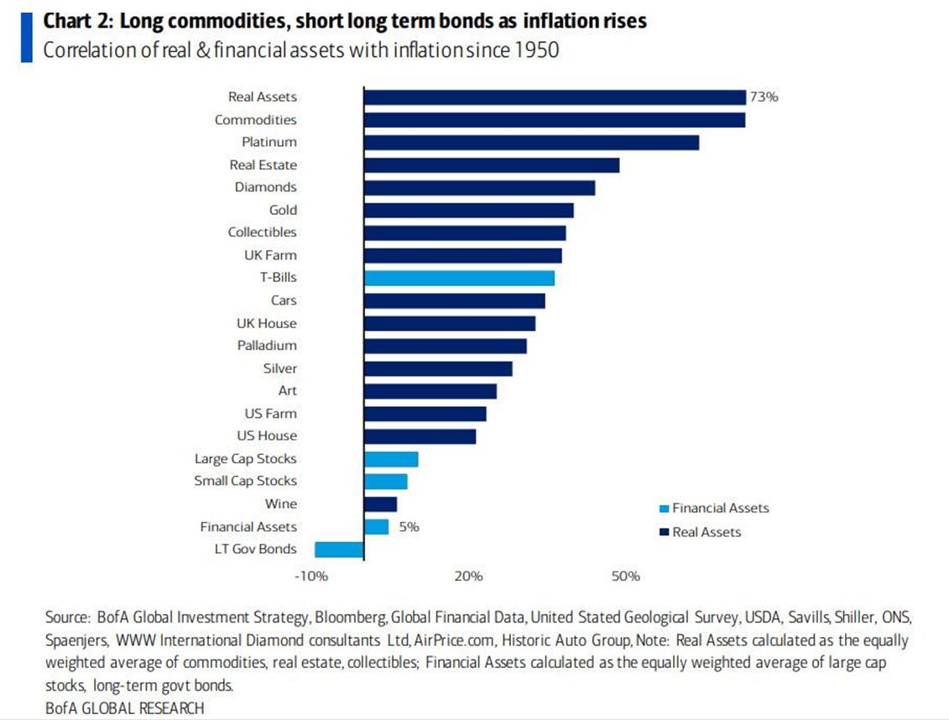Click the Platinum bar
click(531, 143)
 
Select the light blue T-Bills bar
click(459, 278)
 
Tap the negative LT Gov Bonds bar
click(339, 549)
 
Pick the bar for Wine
click(380, 503)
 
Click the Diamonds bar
click(479, 187)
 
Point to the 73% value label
click(764, 97)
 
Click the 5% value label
click(408, 527)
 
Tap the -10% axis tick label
click(310, 577)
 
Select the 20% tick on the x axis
click(468, 577)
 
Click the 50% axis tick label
click(625, 577)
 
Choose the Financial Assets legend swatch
click(664, 509)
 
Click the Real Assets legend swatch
click(664, 532)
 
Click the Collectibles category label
click(262, 232)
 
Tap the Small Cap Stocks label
click(245, 481)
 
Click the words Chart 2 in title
click(72, 21)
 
